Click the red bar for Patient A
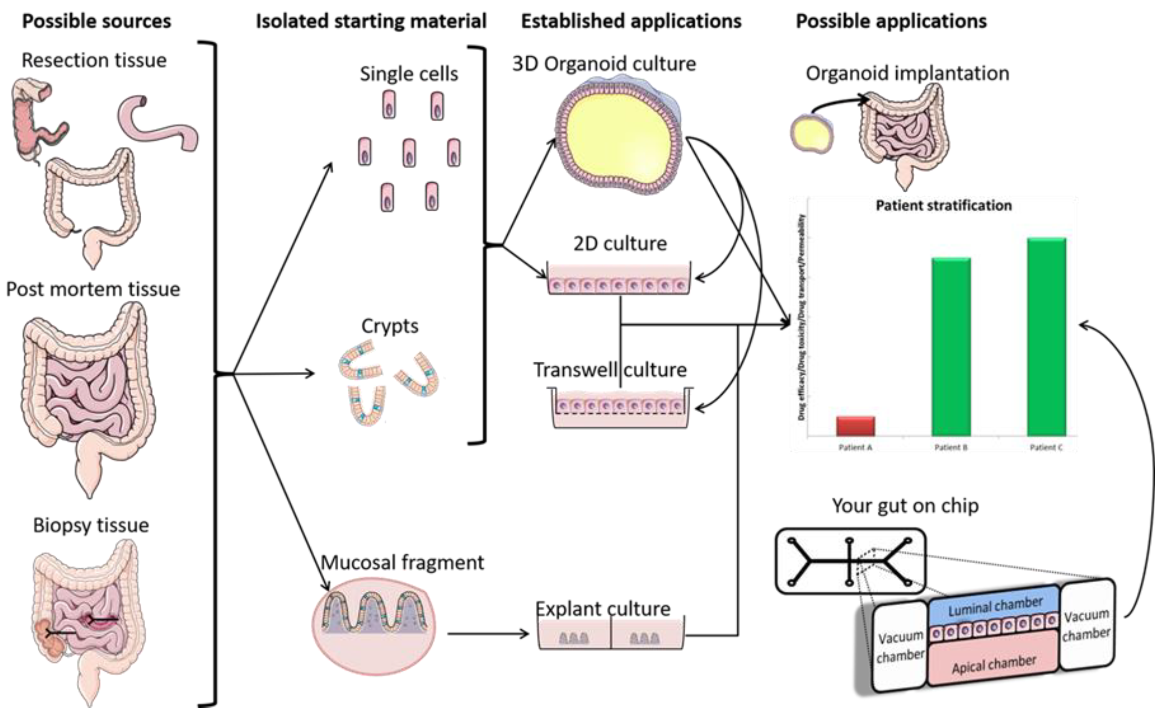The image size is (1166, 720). coord(855,426)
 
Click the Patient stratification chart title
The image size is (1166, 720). coord(943,206)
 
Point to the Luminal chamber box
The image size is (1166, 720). coord(994,607)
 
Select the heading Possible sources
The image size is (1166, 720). coord(96,22)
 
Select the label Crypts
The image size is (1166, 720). coord(390,326)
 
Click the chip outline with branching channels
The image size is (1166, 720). coord(850,561)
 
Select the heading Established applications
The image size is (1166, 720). coord(631,22)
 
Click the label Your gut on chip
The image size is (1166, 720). coord(905,505)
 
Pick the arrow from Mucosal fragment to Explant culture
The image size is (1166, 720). coord(488,633)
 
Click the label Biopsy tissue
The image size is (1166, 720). coord(91,525)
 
